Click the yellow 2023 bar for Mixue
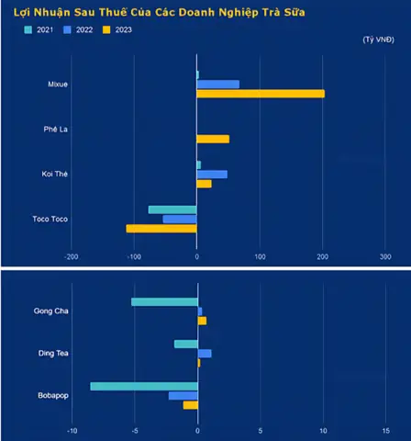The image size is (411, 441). pyautogui.click(x=261, y=94)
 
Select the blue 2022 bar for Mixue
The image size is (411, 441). pyautogui.click(x=218, y=85)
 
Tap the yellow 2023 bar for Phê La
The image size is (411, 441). pyautogui.click(x=213, y=139)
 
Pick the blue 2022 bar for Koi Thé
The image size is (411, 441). pyautogui.click(x=212, y=175)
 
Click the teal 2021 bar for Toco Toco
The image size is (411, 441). pyautogui.click(x=172, y=209)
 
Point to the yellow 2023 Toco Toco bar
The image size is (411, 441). pyautogui.click(x=161, y=229)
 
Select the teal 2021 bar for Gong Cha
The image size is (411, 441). pyautogui.click(x=164, y=302)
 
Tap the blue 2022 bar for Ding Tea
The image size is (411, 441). pyautogui.click(x=205, y=354)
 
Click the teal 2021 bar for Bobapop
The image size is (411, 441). pyautogui.click(x=144, y=387)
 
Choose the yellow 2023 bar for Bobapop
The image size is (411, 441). pyautogui.click(x=191, y=405)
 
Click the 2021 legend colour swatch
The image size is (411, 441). pyautogui.click(x=28, y=29)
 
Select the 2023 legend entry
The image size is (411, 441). pyautogui.click(x=117, y=29)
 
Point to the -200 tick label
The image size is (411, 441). pyautogui.click(x=72, y=256)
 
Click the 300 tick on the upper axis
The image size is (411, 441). pyautogui.click(x=385, y=256)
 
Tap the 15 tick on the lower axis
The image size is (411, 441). pyautogui.click(x=386, y=431)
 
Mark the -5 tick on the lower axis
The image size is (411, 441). pyautogui.click(x=135, y=431)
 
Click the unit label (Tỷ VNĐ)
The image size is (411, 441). pyautogui.click(x=379, y=40)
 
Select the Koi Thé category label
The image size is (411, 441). pyautogui.click(x=55, y=174)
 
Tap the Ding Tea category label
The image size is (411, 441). pyautogui.click(x=53, y=353)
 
